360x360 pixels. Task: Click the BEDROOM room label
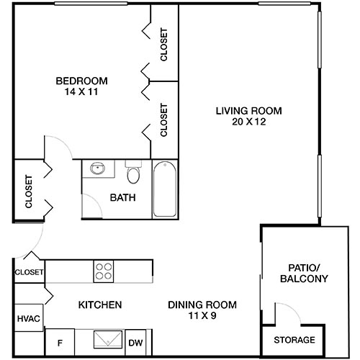[81, 80]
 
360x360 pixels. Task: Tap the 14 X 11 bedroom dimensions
[81, 91]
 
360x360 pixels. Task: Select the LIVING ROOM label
[248, 111]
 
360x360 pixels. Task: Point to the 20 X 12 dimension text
[248, 122]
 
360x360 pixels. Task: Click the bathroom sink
[97, 169]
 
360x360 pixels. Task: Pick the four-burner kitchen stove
[104, 271]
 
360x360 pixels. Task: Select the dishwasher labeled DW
[135, 343]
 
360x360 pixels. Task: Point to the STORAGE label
[293, 340]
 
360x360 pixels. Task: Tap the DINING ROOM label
[202, 305]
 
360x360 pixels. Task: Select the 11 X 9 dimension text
[202, 316]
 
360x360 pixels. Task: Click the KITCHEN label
[99, 305]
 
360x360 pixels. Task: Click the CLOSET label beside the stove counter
[29, 273]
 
